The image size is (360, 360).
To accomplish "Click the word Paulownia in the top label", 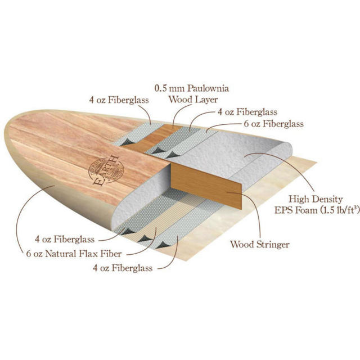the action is pos(208,88).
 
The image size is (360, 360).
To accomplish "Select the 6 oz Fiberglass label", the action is pos(274,124).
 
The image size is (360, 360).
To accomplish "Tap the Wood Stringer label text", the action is pos(260,244).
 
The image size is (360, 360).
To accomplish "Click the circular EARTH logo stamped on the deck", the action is pos(106,171).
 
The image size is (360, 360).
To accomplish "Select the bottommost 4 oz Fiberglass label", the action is pos(123,268).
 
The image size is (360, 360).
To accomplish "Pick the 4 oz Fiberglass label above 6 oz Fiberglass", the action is pos(247,112).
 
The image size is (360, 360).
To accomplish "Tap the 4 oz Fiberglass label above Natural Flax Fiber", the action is pos(65,239).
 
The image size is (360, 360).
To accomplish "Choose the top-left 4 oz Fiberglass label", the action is pos(119,100).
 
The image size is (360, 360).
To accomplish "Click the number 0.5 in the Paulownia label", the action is pos(160,88).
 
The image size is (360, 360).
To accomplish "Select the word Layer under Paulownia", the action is pos(206,100).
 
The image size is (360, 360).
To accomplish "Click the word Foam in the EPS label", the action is pos(306,210).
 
